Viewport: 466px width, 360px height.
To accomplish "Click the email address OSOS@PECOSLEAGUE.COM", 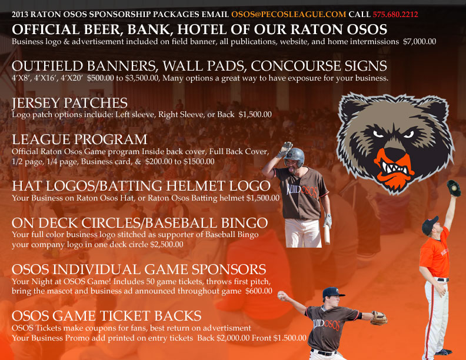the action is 288,14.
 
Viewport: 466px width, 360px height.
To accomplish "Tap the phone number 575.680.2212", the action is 395,14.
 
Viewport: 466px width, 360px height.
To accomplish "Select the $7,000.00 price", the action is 420,42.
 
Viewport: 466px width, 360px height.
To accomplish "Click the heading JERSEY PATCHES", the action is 70,103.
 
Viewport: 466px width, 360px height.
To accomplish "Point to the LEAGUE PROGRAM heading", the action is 79,139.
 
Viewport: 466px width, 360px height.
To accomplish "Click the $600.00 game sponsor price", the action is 258,291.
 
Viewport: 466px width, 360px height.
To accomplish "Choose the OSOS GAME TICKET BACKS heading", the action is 106,316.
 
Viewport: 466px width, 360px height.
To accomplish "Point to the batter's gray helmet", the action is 294,157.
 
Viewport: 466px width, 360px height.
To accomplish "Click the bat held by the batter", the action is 327,234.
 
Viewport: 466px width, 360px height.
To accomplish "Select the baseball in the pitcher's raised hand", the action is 281,295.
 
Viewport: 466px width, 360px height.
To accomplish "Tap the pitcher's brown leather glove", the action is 379,318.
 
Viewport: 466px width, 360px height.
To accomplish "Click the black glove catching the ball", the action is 454,188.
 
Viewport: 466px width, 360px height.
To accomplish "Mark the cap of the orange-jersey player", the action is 430,225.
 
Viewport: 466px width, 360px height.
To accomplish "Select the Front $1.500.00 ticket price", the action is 279,338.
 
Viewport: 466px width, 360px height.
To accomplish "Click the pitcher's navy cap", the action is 332,292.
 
